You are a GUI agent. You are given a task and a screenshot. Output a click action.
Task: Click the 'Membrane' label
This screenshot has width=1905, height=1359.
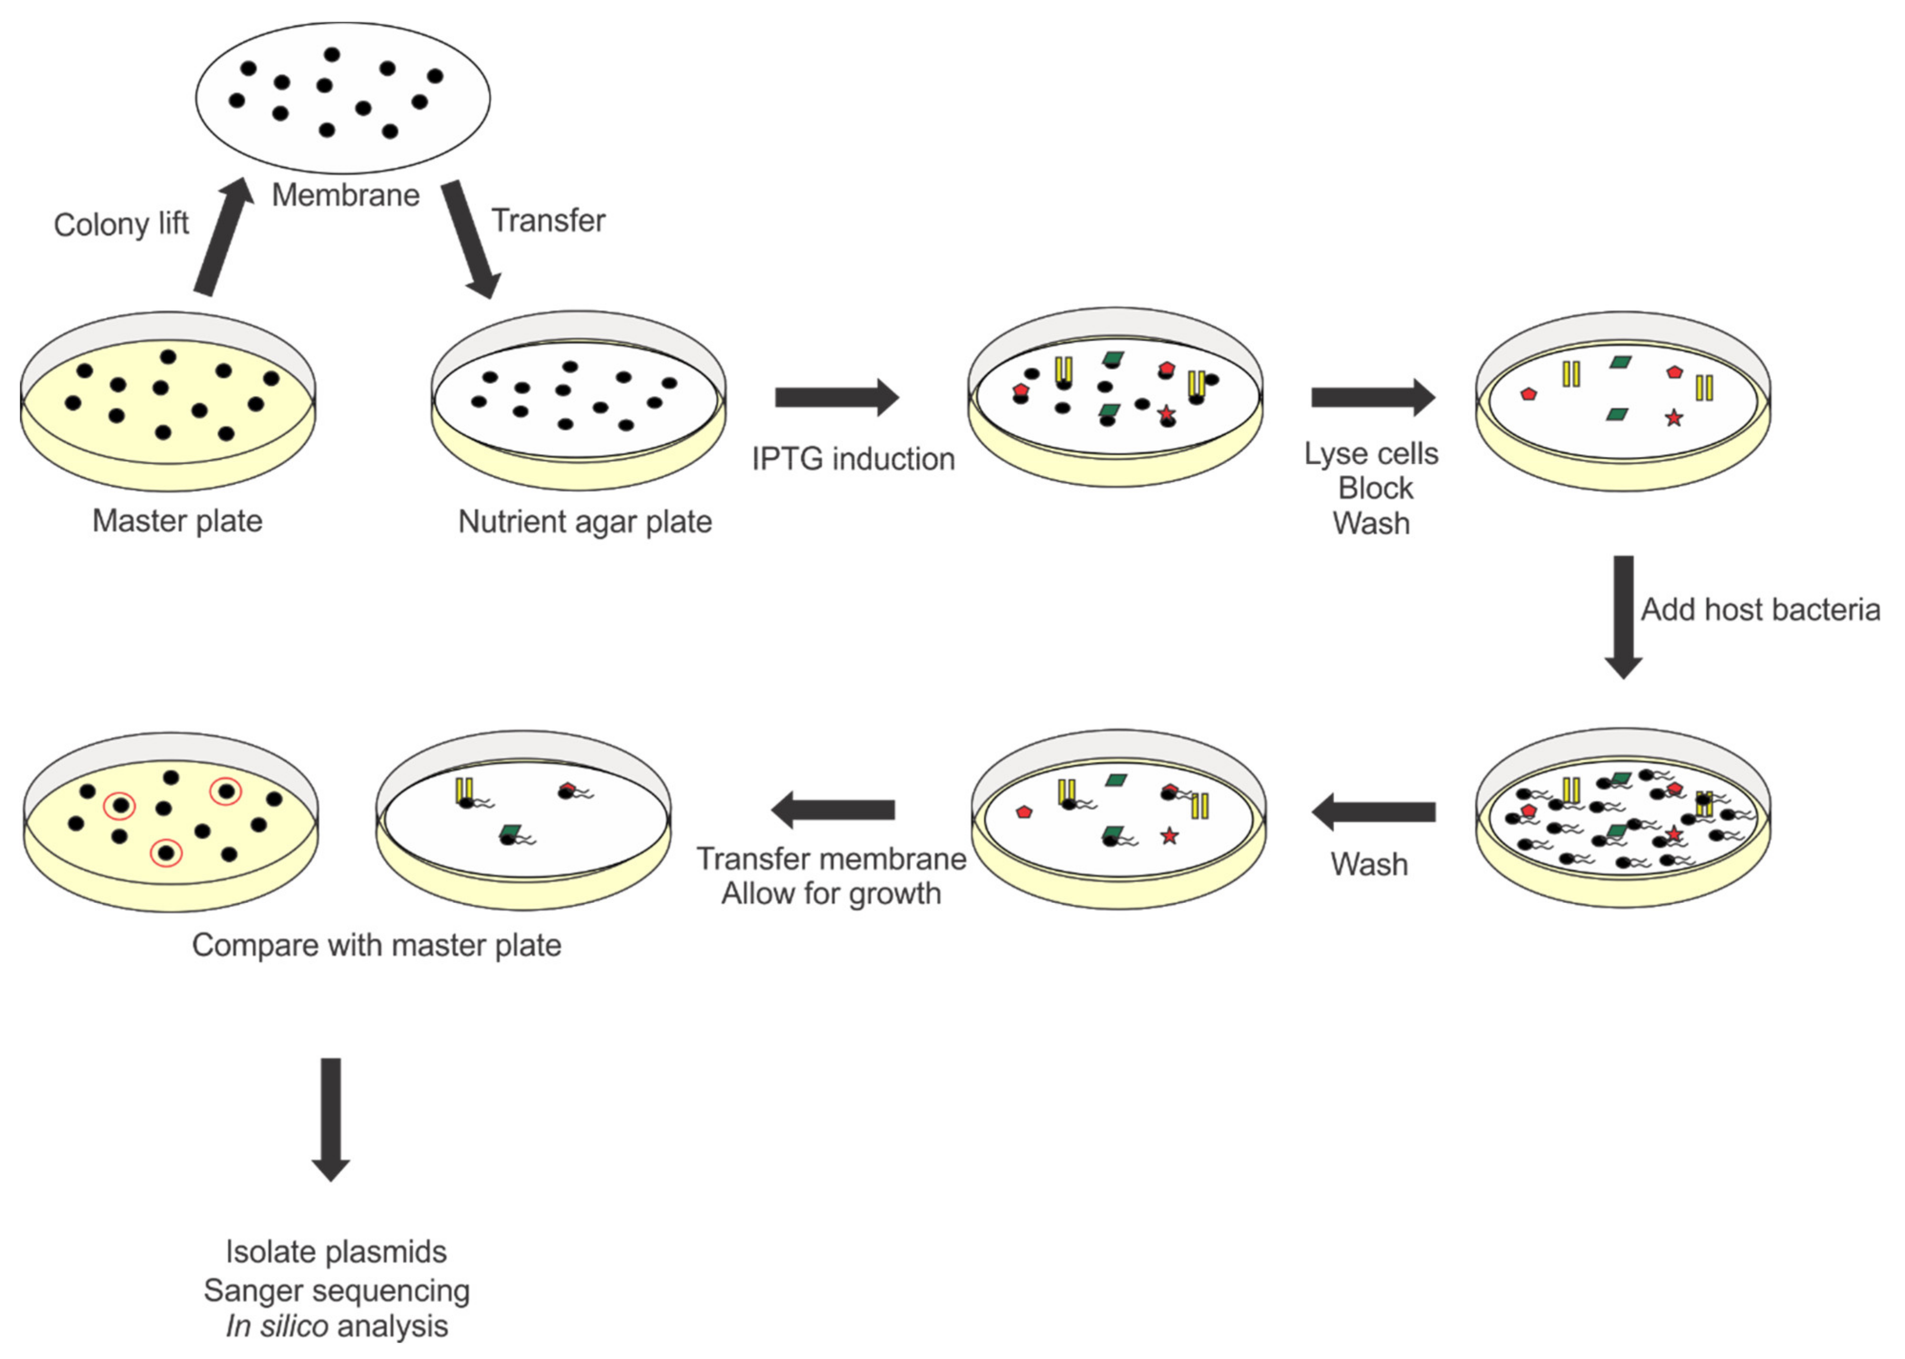point(346,195)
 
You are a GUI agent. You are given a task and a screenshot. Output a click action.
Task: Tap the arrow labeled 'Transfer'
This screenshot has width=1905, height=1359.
point(471,239)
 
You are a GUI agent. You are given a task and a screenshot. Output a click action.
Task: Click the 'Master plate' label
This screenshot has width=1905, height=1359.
point(177,520)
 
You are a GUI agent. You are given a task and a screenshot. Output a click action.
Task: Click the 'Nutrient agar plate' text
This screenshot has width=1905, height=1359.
point(584,521)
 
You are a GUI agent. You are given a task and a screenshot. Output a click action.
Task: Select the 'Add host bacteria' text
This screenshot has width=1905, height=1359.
point(1760,609)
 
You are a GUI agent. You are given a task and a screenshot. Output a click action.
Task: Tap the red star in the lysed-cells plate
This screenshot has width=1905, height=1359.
point(1673,417)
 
